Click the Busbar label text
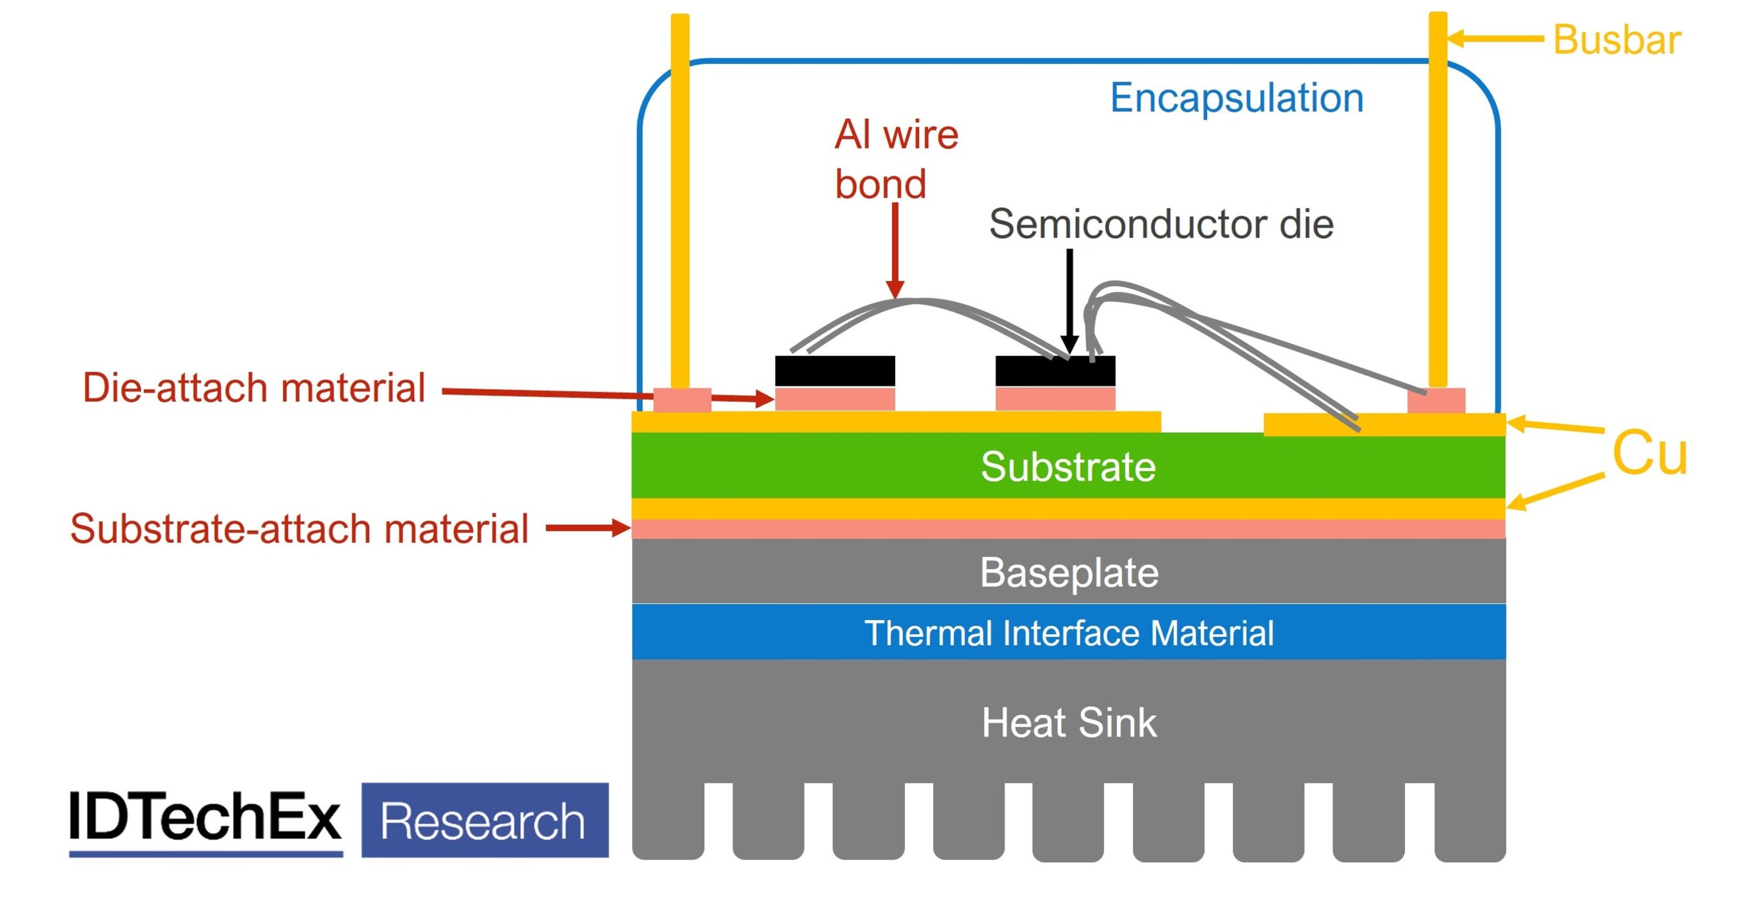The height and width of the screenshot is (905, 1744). (1616, 39)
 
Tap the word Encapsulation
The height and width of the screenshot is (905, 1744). (1236, 98)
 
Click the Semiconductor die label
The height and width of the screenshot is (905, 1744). (1160, 224)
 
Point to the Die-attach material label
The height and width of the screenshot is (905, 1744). (254, 388)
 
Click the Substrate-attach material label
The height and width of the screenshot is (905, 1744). (299, 529)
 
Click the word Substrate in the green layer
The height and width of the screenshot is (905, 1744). (1068, 467)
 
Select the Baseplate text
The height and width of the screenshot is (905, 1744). (1068, 573)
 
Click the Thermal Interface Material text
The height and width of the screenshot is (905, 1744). (1068, 633)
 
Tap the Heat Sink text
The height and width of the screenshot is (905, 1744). (1068, 722)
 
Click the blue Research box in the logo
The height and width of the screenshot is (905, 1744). (484, 820)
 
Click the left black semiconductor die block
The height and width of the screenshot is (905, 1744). (834, 371)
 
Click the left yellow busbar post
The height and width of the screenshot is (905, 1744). (680, 203)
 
